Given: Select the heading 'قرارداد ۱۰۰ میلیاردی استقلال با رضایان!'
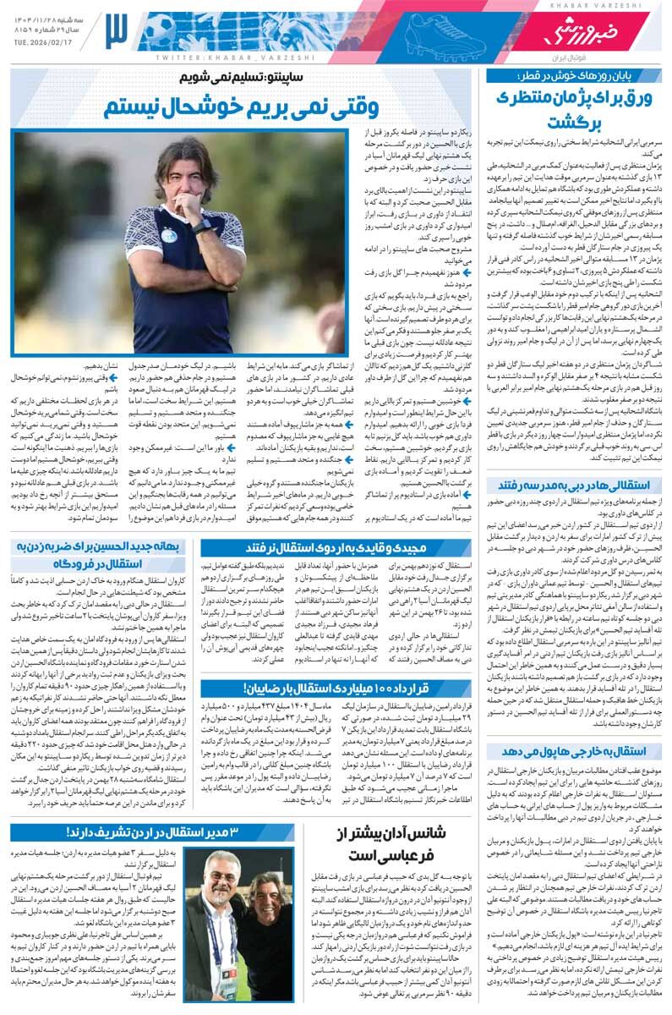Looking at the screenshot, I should (338, 688).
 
